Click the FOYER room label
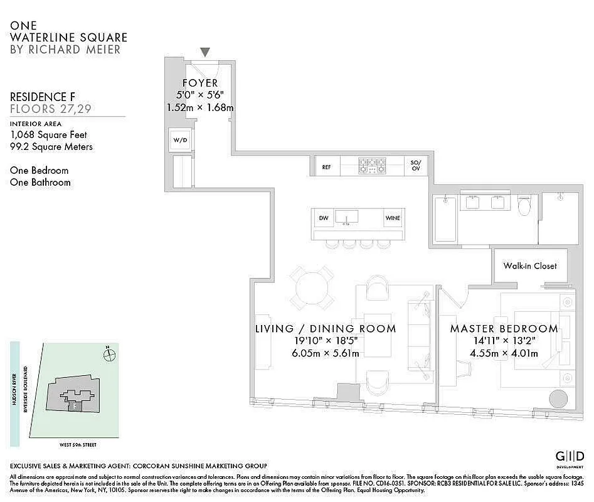click(200, 83)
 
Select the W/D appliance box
click(180, 139)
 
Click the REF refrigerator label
click(326, 167)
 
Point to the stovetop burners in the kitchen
click(373, 166)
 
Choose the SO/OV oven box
click(415, 166)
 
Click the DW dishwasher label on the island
click(324, 218)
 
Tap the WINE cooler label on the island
click(393, 218)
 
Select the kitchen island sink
click(346, 217)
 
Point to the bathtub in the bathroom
click(445, 218)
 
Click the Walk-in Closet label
click(530, 265)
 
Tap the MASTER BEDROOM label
click(504, 329)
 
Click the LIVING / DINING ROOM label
click(326, 329)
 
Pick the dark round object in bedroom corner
click(558, 400)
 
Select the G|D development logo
click(570, 456)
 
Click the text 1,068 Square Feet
click(48, 135)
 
